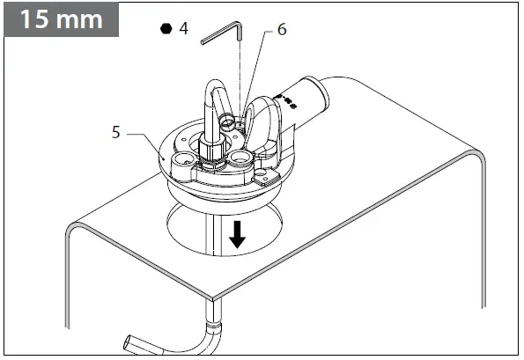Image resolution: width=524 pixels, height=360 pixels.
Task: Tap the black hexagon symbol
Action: (165, 28)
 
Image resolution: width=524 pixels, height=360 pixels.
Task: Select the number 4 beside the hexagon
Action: (183, 28)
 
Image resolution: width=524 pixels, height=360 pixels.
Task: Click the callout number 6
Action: (281, 29)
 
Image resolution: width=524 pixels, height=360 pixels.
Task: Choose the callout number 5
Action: (116, 134)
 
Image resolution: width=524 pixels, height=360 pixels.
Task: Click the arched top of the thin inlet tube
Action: (217, 86)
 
